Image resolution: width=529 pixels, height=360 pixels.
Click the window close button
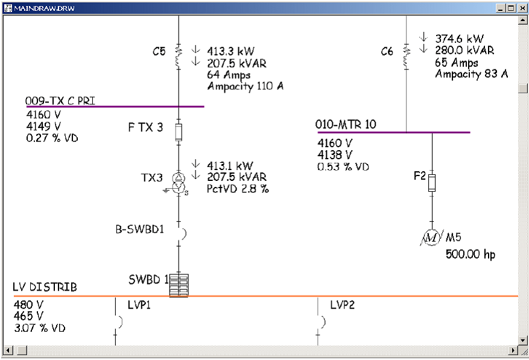(521, 8)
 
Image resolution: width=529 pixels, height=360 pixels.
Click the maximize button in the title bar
(511, 8)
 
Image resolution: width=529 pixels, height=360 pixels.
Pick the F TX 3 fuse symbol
(178, 132)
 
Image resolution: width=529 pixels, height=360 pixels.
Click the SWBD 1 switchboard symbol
(179, 285)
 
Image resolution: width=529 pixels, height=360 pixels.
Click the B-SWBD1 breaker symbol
(182, 233)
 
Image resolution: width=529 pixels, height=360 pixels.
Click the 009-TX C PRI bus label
(60, 101)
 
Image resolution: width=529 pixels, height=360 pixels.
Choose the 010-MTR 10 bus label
(346, 125)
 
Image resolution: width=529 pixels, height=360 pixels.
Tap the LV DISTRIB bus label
(45, 287)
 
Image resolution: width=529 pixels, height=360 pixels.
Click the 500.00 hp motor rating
(470, 254)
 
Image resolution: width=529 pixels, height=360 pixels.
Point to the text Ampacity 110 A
(245, 86)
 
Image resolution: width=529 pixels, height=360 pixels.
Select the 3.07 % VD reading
(39, 328)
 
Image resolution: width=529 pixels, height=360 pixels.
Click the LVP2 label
(342, 305)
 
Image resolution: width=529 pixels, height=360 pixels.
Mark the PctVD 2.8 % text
(238, 189)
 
